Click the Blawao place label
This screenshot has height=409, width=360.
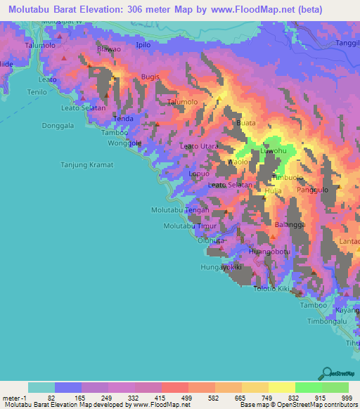[x=109, y=49]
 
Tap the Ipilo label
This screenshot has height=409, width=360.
[x=143, y=45]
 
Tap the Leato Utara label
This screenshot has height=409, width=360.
[x=199, y=146]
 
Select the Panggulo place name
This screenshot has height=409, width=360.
[x=313, y=190]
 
